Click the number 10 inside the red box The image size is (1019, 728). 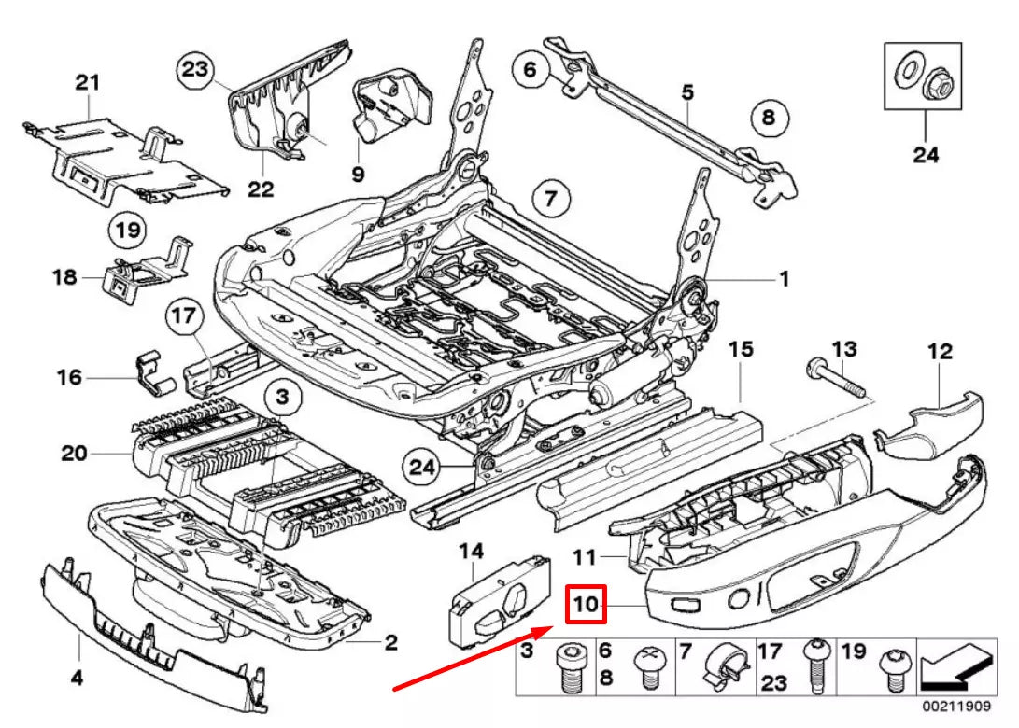tap(587, 605)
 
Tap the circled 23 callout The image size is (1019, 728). tap(198, 68)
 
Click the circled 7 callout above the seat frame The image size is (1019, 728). tap(551, 198)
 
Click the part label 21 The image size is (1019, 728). tap(87, 83)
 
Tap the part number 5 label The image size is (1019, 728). tap(687, 92)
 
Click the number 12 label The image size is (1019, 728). tap(940, 352)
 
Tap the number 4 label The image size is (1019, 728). tap(78, 679)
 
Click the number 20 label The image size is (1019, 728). tap(74, 454)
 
